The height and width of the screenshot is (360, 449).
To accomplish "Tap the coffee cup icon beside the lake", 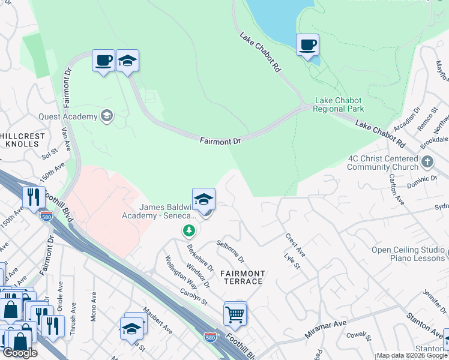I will pyautogui.click(x=307, y=45).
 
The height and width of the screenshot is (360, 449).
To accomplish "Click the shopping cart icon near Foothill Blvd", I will pyautogui.click(x=235, y=314).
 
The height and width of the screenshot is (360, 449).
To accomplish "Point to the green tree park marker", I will pyautogui.click(x=189, y=230).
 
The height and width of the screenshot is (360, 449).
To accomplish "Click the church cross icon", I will pyautogui.click(x=427, y=161).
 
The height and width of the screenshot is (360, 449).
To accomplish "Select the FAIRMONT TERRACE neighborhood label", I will pyautogui.click(x=243, y=277).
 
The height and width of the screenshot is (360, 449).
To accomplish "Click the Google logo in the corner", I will pyautogui.click(x=20, y=353).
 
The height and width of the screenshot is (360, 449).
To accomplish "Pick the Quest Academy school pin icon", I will pyautogui.click(x=107, y=116).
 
